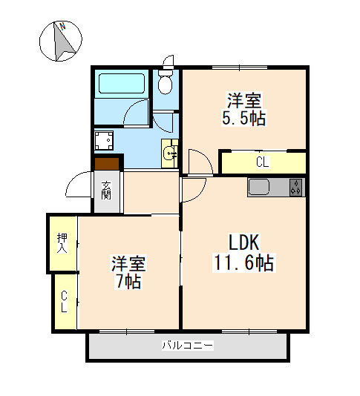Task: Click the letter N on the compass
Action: click(x=62, y=26)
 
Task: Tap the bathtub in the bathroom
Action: click(x=122, y=83)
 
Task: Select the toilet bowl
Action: click(x=166, y=82)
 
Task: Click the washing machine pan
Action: click(x=104, y=140)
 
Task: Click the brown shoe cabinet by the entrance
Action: click(x=107, y=164)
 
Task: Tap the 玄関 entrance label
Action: click(x=106, y=191)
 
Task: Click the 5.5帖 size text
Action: click(x=244, y=118)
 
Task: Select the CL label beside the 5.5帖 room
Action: click(x=263, y=162)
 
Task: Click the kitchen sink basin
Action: click(x=258, y=187)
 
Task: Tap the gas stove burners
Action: click(x=296, y=187)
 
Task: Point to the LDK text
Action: click(x=243, y=242)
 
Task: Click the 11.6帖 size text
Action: click(x=244, y=263)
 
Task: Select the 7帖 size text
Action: click(x=128, y=281)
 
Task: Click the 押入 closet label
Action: click(x=62, y=243)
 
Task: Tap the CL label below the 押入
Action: click(x=64, y=302)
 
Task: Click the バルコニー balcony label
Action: click(x=188, y=345)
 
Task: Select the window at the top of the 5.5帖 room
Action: click(x=240, y=67)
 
